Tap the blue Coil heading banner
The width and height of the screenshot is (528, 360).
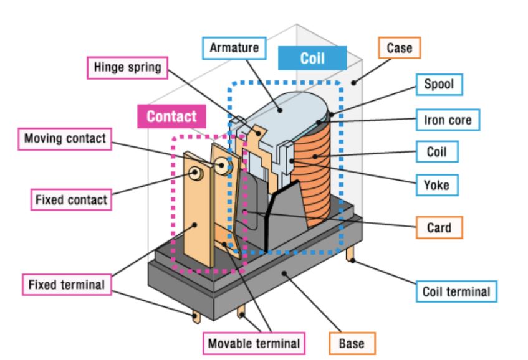312,57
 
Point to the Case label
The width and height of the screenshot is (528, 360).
399,47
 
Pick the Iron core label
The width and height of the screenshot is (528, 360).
447,119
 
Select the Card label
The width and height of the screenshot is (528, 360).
439,228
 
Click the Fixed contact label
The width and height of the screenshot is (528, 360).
70,200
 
